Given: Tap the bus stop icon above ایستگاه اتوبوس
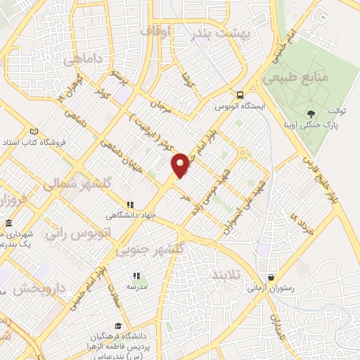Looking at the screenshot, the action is (240, 96).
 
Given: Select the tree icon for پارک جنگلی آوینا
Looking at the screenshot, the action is (311, 113).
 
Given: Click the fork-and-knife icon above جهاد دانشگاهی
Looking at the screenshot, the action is (129, 204).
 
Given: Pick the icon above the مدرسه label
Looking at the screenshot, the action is (136, 276).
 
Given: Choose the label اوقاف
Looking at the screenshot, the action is (155, 32).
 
